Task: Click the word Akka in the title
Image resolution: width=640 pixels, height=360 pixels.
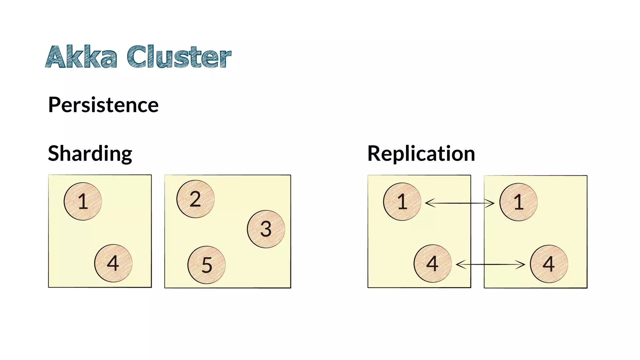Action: point(81,57)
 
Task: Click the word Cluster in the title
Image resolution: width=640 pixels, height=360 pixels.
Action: point(179,57)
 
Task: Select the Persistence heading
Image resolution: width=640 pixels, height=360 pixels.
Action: point(103,105)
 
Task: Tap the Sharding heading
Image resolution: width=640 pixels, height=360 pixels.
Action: point(90,154)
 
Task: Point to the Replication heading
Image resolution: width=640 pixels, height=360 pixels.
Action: point(421,154)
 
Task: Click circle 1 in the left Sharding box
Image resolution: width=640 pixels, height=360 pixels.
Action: point(83,202)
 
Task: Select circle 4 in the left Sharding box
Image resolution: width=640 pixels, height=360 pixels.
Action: point(113,263)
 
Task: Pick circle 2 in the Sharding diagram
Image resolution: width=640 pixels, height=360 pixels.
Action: point(195,199)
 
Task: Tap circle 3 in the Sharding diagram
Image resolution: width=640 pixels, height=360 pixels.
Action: point(266,229)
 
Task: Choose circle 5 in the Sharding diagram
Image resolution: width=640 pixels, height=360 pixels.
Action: point(207,265)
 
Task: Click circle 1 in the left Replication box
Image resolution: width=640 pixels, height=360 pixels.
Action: point(402,202)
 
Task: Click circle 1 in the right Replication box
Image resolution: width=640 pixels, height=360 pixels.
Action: point(518,202)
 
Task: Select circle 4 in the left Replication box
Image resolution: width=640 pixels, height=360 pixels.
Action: point(432,263)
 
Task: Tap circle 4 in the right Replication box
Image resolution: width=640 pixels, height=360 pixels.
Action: point(549,264)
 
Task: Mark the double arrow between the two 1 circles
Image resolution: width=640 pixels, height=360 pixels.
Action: point(460,203)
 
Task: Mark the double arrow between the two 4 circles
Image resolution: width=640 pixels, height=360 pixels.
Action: point(490,265)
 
